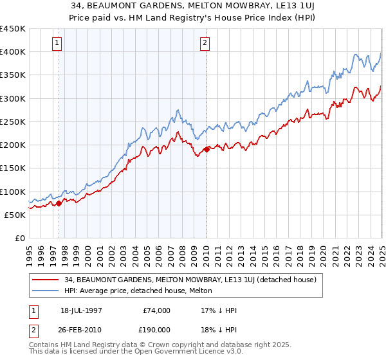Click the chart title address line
[x=192, y=6]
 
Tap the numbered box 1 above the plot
[x=57, y=43]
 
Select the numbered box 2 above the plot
[x=205, y=43]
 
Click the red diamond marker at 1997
[x=59, y=203]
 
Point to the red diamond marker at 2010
[x=207, y=149]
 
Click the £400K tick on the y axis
[x=13, y=52]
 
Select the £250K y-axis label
[x=13, y=122]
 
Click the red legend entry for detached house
[x=190, y=280]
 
